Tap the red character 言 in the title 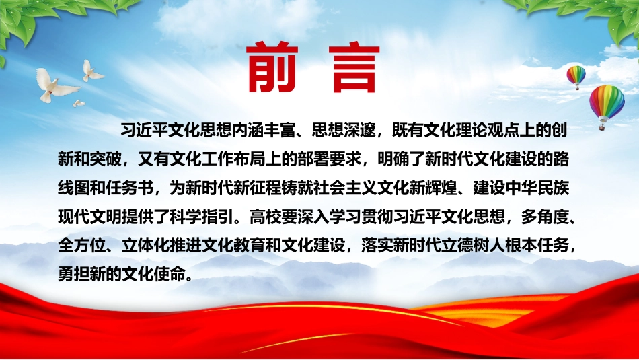coord(354,67)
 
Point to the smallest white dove coord(79,104)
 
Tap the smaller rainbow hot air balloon coord(576,77)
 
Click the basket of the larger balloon coord(601,127)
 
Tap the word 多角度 coord(545,217)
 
